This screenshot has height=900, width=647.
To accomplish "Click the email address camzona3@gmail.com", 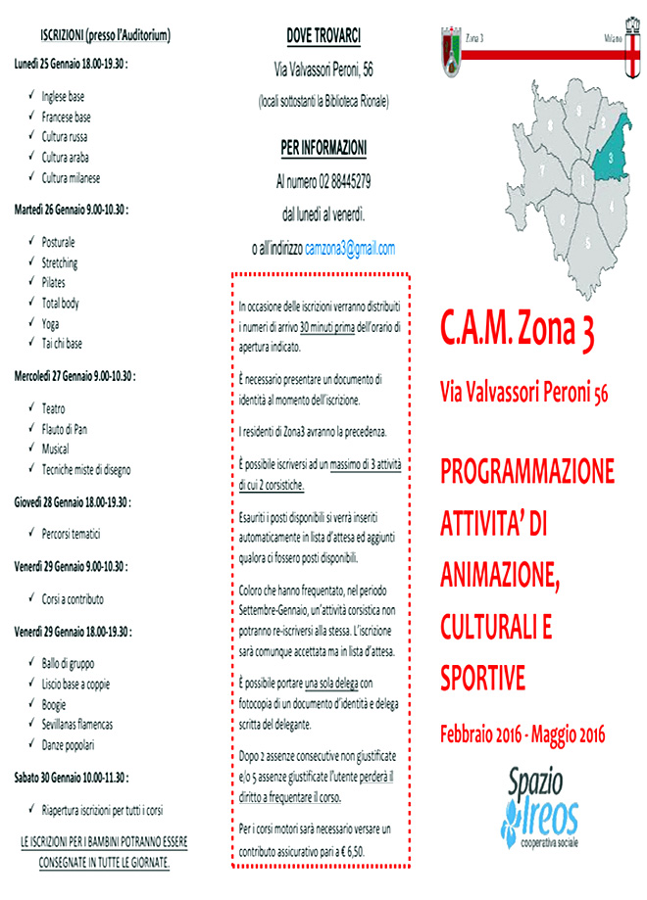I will (350, 249).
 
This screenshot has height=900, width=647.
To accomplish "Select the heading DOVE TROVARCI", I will (323, 37).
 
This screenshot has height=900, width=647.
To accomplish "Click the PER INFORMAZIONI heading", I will (323, 149).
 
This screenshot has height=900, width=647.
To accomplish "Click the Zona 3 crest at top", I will (453, 46).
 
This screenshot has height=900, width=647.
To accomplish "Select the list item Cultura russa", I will (65, 137).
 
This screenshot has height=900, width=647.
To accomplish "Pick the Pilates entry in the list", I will (54, 282).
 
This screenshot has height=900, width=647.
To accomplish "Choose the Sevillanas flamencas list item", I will (77, 724).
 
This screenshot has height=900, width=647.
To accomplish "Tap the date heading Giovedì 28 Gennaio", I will (73, 502).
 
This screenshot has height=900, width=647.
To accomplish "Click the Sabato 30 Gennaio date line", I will (72, 779).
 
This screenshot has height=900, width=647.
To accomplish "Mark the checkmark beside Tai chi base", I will (31, 344).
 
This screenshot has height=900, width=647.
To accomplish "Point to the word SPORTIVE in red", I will (483, 676).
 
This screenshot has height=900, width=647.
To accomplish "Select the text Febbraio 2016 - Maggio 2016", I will (523, 733).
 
